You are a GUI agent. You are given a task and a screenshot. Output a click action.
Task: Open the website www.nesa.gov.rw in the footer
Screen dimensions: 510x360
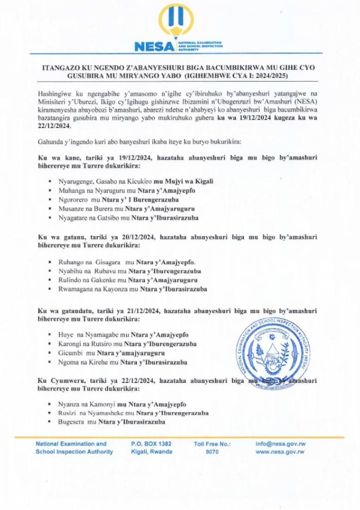pyautogui.click(x=280, y=452)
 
